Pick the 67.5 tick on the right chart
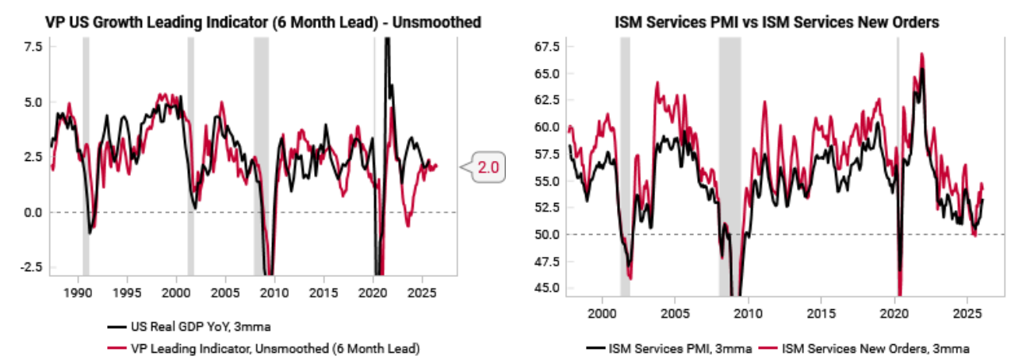tap(547, 47)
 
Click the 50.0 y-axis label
tap(547, 235)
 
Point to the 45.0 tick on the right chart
tap(547, 288)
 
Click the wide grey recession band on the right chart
tap(730, 159)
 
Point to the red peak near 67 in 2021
tap(921, 54)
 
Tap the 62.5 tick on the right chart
tap(547, 101)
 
